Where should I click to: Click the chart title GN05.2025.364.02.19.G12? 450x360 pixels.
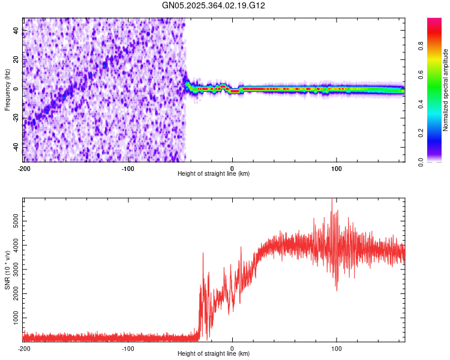(214, 5)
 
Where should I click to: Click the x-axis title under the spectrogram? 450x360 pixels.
(214, 173)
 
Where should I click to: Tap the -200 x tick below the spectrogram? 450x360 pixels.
(24, 168)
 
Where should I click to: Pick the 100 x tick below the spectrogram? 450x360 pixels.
(337, 168)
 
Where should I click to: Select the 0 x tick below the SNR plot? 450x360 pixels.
(232, 348)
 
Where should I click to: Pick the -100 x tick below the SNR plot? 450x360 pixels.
(128, 348)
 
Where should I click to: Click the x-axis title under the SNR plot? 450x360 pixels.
(214, 354)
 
